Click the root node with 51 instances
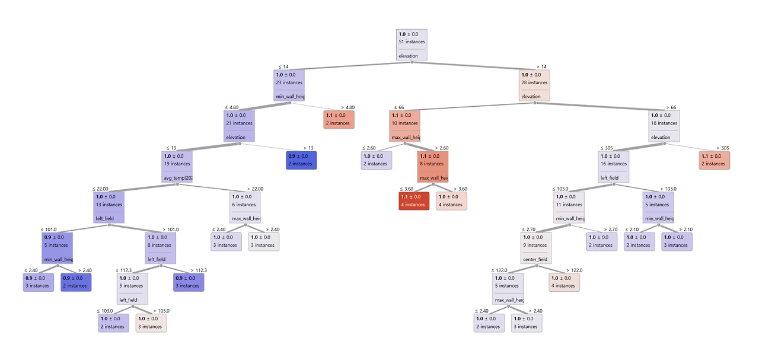(x=412, y=44)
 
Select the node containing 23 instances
(x=289, y=85)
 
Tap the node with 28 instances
(x=534, y=85)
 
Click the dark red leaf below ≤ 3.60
(x=414, y=200)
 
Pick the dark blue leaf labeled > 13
(x=301, y=160)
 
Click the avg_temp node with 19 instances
(x=177, y=167)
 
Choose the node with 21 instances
(x=239, y=126)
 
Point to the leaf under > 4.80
(x=339, y=119)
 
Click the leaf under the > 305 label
(x=715, y=160)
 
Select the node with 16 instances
(x=614, y=167)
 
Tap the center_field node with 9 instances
(x=536, y=248)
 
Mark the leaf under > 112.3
(x=189, y=282)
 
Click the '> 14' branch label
(x=541, y=67)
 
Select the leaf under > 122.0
(x=564, y=282)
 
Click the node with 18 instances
(x=664, y=126)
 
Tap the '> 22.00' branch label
(x=256, y=189)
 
